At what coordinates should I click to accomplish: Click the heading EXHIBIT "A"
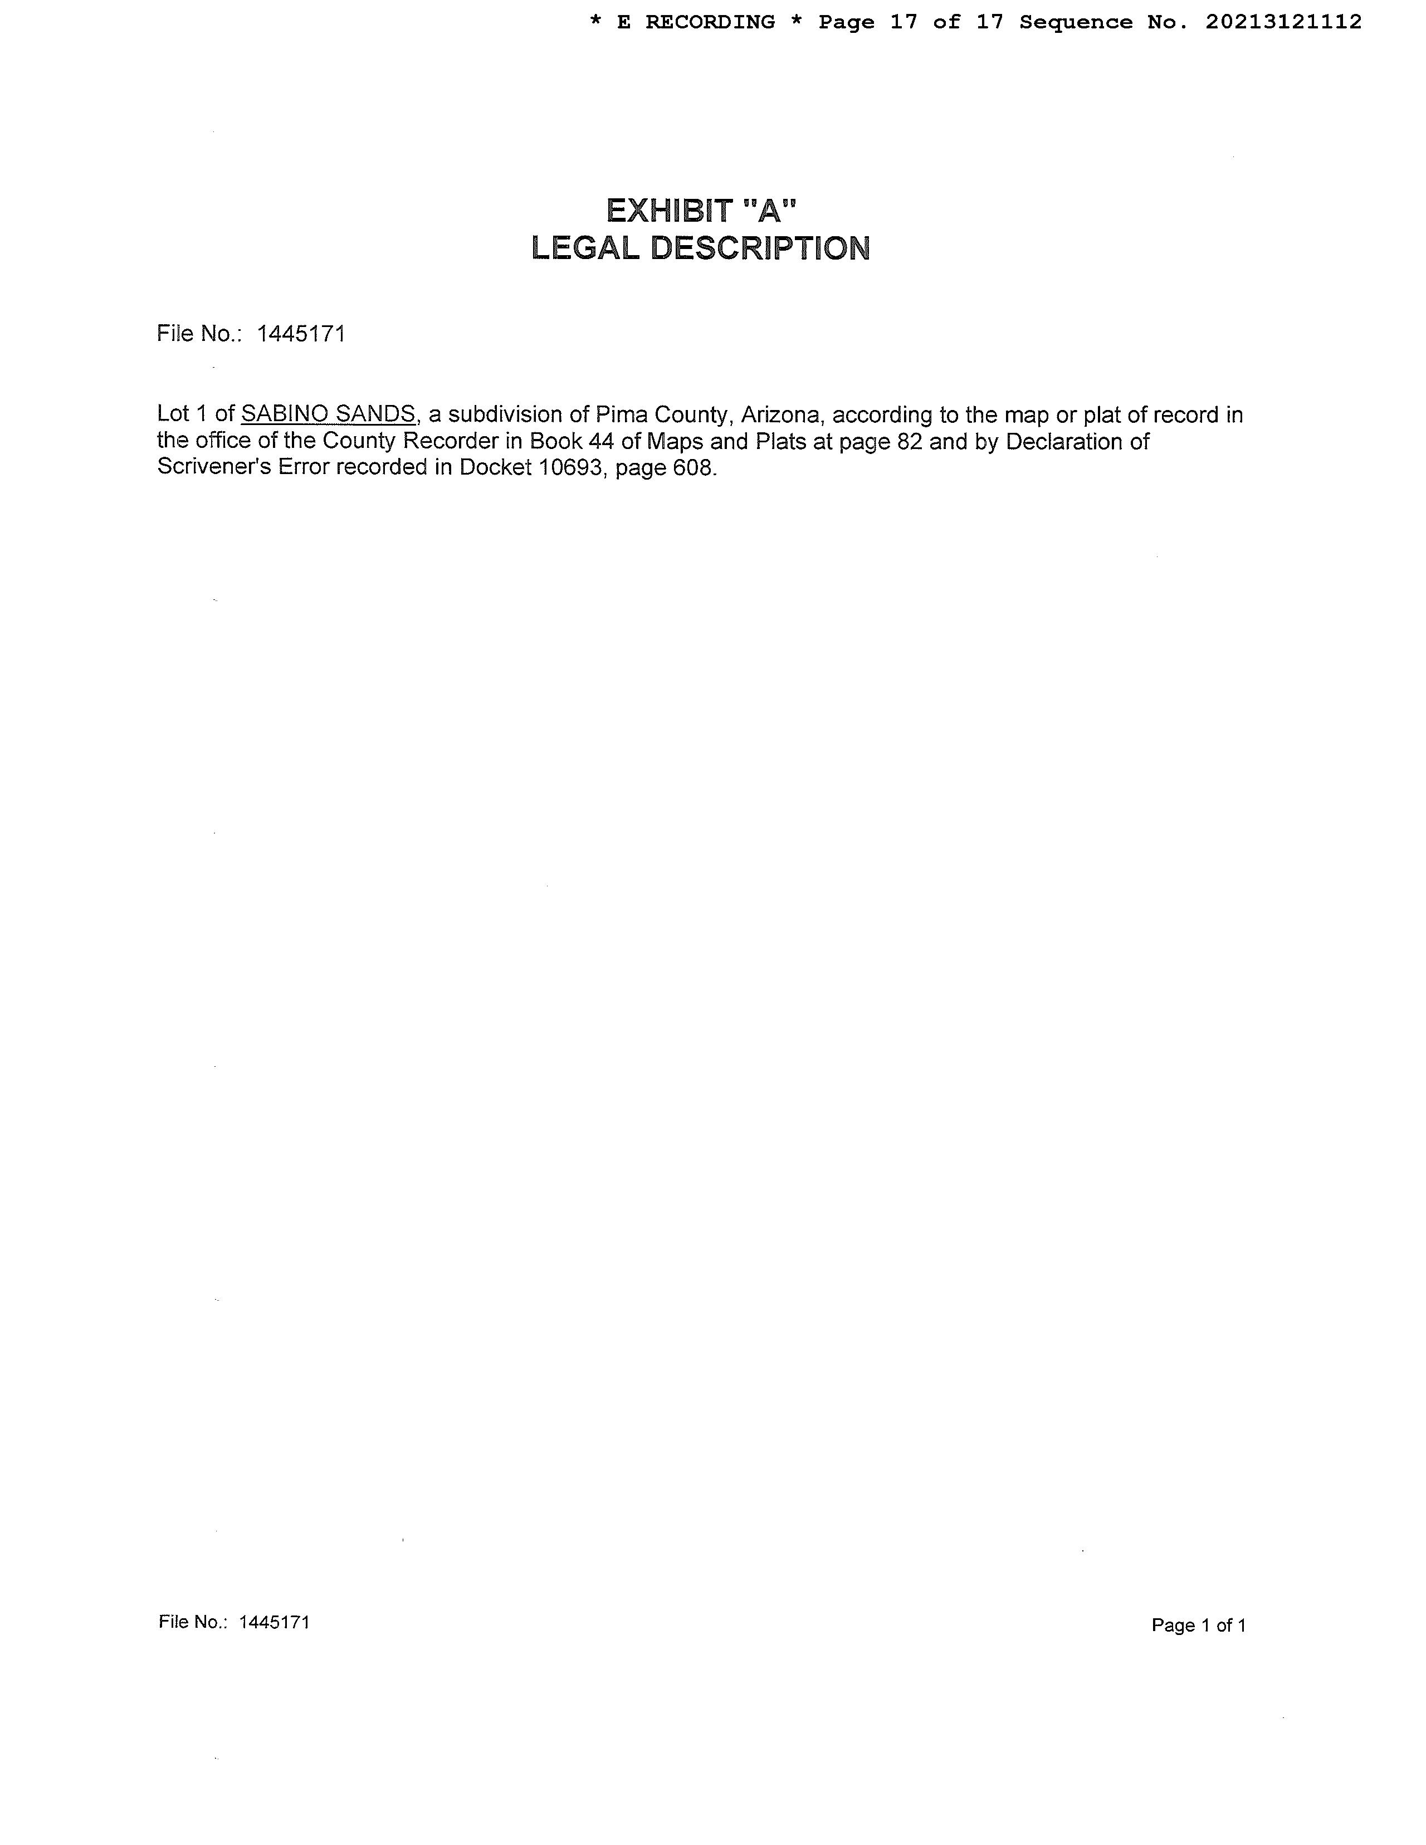701,211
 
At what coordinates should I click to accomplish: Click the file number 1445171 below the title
301,335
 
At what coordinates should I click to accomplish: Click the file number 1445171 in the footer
275,1622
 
